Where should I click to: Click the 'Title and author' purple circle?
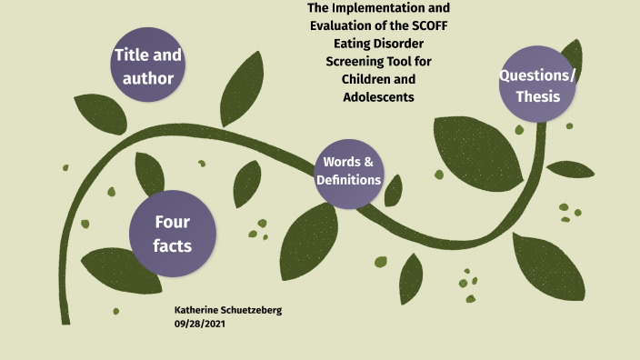(148, 66)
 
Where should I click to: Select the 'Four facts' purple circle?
(173, 233)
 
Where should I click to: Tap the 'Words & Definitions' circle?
(348, 171)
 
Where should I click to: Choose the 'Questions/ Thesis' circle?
(537, 85)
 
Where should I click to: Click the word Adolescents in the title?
(379, 96)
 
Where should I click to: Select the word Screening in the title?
(357, 62)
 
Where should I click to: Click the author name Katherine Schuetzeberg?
(228, 310)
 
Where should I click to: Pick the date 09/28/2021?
(200, 323)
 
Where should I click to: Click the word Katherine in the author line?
(199, 310)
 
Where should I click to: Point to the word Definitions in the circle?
(348, 180)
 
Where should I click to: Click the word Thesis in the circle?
(537, 96)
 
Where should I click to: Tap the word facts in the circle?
(173, 245)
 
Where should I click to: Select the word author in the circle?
(148, 78)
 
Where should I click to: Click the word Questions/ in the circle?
(537, 75)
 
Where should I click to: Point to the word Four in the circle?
(173, 221)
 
